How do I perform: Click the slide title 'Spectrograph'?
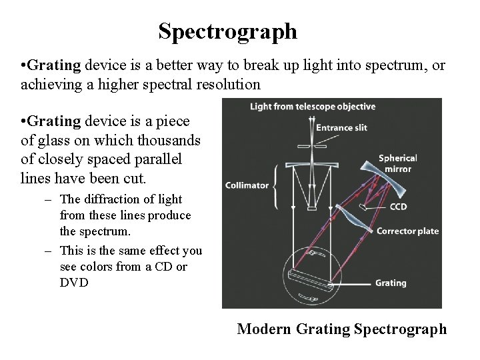point(227,31)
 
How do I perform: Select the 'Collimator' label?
point(248,186)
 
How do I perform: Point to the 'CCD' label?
point(399,207)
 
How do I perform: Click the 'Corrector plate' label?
point(408,231)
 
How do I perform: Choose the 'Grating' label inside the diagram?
point(391,283)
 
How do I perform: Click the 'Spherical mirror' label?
point(398,163)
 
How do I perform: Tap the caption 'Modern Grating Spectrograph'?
point(342,329)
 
